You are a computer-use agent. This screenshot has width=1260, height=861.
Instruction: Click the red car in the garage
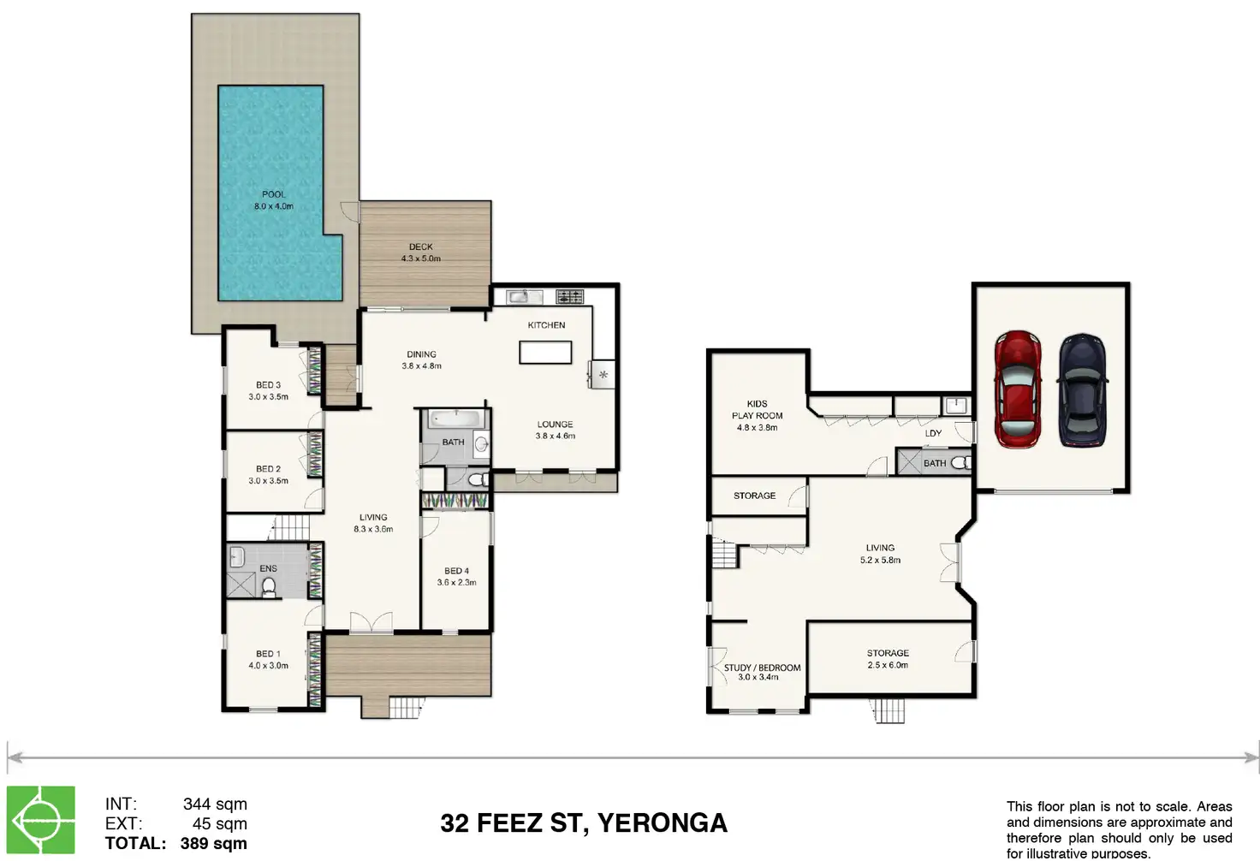(x=1018, y=389)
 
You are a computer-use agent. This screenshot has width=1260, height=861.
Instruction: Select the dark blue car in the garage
(x=1082, y=390)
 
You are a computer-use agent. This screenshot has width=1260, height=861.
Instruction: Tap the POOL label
(x=273, y=194)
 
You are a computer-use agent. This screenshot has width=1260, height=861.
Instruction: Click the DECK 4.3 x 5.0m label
(x=421, y=252)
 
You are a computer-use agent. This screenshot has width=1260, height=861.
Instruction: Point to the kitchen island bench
(x=545, y=352)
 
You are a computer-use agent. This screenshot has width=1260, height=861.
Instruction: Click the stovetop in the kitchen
(x=570, y=296)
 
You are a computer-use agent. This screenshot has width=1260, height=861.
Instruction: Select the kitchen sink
(x=524, y=296)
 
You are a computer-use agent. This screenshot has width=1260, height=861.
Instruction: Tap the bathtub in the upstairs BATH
(x=456, y=419)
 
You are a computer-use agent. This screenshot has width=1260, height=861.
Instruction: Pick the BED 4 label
(x=456, y=571)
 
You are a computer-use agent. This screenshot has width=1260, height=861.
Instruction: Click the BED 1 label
(x=268, y=654)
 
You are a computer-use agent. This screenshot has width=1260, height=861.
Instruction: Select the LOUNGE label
(x=555, y=425)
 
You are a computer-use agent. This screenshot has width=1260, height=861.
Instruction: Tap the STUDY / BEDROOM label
(x=762, y=668)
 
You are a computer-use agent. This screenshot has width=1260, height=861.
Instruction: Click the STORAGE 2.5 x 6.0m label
(x=888, y=658)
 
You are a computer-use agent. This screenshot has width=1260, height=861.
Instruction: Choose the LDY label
(x=933, y=433)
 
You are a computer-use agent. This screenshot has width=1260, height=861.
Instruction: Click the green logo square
(x=40, y=820)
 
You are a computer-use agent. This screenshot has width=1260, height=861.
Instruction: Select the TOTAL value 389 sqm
(x=214, y=843)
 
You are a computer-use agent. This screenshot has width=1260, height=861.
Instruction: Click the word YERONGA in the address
(x=662, y=822)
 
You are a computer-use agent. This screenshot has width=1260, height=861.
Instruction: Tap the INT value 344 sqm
(x=215, y=805)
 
